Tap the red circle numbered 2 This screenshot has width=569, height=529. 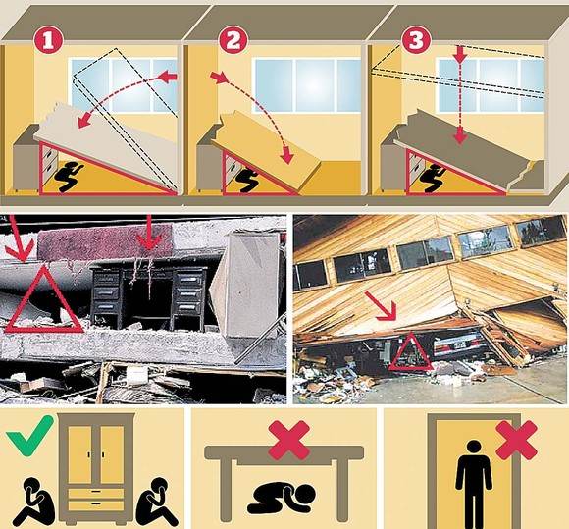(233, 39)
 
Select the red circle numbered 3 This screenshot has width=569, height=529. (416, 39)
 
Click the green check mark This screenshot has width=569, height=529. (29, 434)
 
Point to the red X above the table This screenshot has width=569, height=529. (289, 440)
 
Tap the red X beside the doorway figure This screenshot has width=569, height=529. (516, 440)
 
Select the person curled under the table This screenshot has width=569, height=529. (282, 498)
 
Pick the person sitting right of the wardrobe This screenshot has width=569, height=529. (157, 503)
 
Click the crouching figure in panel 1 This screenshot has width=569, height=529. (69, 177)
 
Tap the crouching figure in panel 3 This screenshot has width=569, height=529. (434, 178)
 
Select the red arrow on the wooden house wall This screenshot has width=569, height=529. (381, 306)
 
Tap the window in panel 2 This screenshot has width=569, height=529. (308, 85)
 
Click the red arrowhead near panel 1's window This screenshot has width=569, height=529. (168, 77)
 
